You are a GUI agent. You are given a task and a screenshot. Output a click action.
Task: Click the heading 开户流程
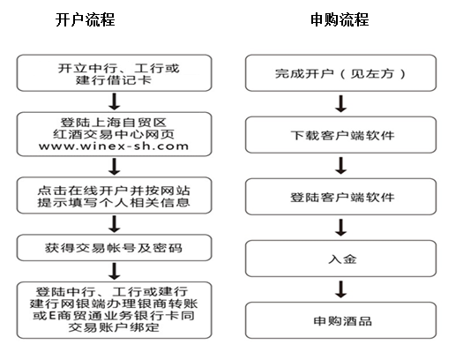85,19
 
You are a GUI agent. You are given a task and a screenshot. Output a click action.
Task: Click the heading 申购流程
340,19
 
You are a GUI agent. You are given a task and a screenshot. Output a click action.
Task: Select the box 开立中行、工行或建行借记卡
115,72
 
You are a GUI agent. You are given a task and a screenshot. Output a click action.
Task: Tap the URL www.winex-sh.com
114,146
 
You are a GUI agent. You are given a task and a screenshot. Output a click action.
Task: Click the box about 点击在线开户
115,195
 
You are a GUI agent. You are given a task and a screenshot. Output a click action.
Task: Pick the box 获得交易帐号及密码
115,248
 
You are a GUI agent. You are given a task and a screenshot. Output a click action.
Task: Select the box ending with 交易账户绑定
115,310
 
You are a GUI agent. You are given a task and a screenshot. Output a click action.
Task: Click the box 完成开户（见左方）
340,72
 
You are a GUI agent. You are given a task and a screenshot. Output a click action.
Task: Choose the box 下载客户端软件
340,135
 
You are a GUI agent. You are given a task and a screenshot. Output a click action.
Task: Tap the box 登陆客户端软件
340,197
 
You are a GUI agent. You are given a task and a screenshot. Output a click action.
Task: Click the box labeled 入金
340,259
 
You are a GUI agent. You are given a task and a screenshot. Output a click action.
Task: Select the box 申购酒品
340,320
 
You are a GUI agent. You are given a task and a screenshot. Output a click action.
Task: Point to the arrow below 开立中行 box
115,101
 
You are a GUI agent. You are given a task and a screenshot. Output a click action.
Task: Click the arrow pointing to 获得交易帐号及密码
115,224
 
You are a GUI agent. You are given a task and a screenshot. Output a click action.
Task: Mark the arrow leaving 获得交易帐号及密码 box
115,272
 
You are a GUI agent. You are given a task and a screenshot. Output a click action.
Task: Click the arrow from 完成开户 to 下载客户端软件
341,103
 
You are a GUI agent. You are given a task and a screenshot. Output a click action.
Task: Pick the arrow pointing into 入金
341,228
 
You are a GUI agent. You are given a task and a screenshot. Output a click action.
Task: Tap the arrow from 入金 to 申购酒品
341,289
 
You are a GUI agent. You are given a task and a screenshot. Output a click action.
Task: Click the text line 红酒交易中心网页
114,134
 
